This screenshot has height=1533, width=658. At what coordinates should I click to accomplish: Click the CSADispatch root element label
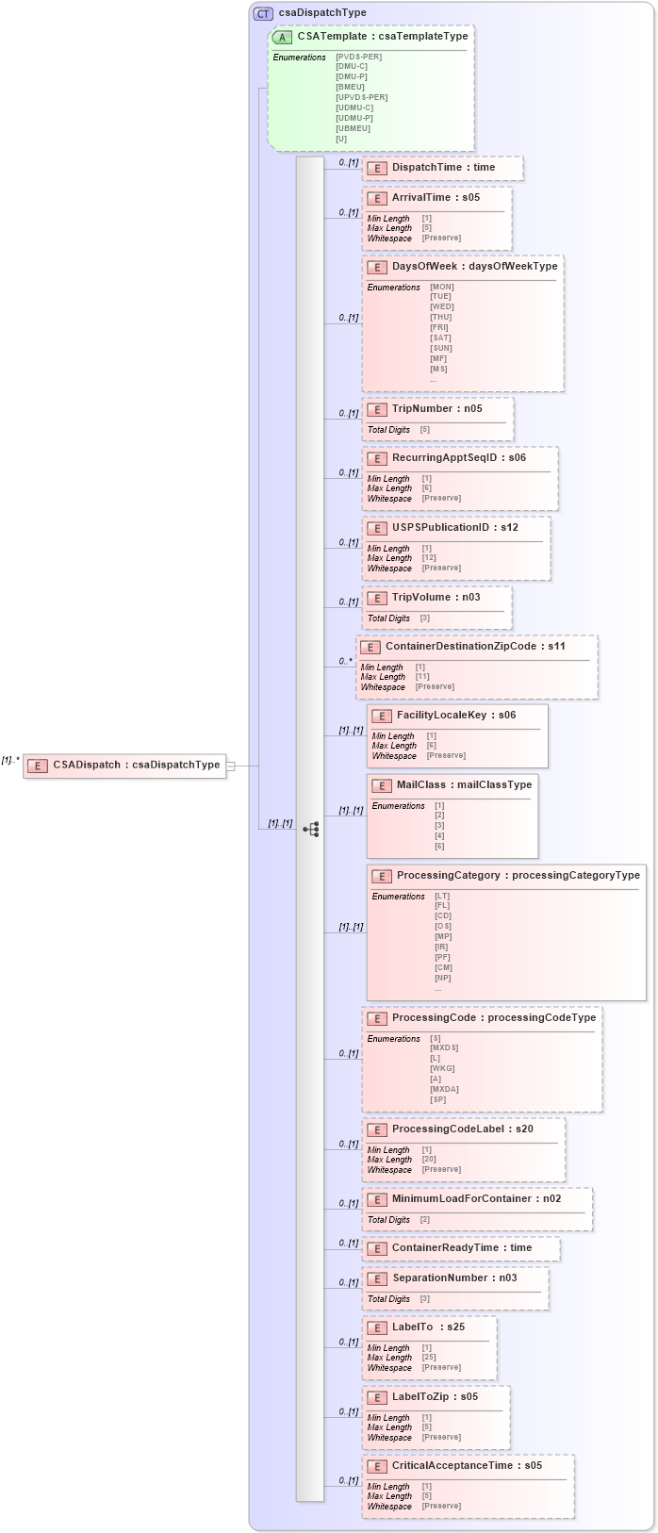(x=136, y=765)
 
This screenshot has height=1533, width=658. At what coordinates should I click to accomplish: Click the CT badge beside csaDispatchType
(x=263, y=13)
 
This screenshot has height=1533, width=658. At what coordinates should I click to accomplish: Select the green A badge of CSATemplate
(x=282, y=37)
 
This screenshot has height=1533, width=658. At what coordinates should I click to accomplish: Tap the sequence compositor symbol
(x=310, y=829)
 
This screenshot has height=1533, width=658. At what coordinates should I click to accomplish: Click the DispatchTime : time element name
(x=443, y=167)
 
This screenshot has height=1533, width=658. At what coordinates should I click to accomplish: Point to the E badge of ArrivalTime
(x=377, y=198)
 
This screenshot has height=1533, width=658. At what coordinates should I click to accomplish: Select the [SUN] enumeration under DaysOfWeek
(x=440, y=348)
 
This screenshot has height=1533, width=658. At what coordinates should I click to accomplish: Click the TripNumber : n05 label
(x=436, y=408)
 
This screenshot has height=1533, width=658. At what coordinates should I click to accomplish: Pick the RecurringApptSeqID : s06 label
(x=458, y=457)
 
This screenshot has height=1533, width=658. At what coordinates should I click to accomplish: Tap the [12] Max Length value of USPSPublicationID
(x=429, y=558)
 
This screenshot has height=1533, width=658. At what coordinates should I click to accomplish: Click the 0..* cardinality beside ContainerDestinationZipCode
(x=346, y=661)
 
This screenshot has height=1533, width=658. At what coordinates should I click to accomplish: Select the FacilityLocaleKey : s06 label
(x=455, y=715)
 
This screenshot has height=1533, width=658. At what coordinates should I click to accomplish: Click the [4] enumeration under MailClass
(x=439, y=835)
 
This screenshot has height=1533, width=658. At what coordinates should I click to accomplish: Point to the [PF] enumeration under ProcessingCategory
(x=442, y=957)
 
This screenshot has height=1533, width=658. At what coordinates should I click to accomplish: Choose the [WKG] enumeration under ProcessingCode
(x=442, y=1068)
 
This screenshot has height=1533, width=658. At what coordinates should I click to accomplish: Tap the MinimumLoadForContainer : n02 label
(x=476, y=1198)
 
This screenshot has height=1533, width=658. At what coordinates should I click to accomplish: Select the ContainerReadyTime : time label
(x=461, y=1247)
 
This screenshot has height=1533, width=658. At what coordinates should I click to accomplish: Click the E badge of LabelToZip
(x=377, y=1397)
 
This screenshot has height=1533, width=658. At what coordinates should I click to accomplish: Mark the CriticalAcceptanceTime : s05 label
(x=467, y=1465)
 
